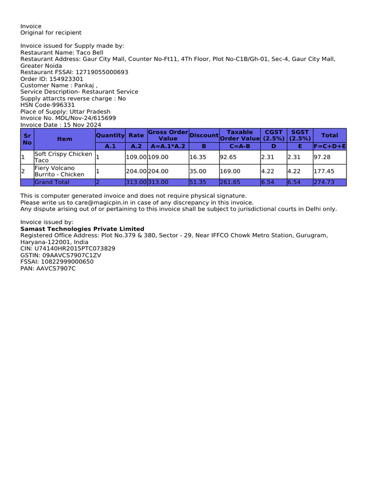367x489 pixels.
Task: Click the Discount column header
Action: (204, 135)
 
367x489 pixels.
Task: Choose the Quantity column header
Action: (110, 135)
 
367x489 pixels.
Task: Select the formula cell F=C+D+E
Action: (330, 146)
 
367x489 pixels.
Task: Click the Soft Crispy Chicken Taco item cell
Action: (63, 157)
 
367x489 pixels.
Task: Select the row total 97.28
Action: (322, 157)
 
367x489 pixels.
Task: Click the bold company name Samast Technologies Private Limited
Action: (82, 229)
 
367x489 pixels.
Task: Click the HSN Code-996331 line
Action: (47, 105)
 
